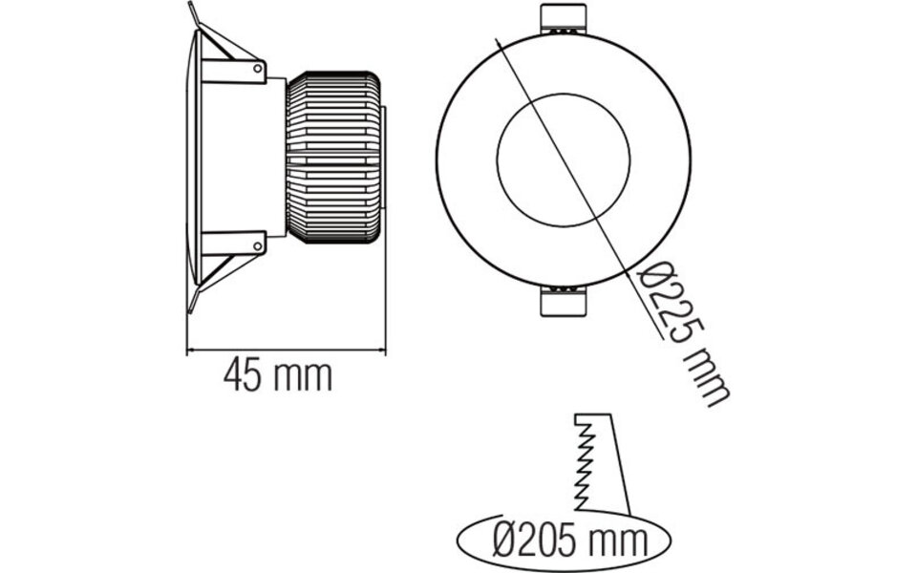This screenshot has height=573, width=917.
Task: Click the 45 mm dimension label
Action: click(277, 376)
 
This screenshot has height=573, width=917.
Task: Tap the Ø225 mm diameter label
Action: click(684, 333)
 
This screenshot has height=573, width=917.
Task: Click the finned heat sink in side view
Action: click(335, 156)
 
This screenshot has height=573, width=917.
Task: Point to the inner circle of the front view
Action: click(564, 156)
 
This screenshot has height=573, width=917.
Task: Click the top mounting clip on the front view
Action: click(564, 20)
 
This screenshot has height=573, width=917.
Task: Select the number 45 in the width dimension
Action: click(243, 376)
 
